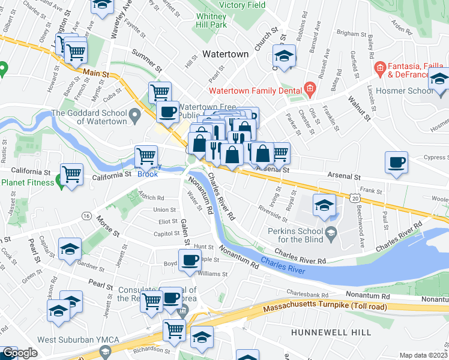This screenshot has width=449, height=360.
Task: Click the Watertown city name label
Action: point(225,54)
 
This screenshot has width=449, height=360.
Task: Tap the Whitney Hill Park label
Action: point(211,20)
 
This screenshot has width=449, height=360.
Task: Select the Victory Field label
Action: point(242,4)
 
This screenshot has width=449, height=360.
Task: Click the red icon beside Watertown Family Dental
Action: point(309,91)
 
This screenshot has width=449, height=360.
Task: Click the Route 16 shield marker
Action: point(88,216)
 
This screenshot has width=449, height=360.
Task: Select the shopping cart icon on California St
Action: point(71,175)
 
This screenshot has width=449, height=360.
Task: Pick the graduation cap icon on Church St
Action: point(284,56)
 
